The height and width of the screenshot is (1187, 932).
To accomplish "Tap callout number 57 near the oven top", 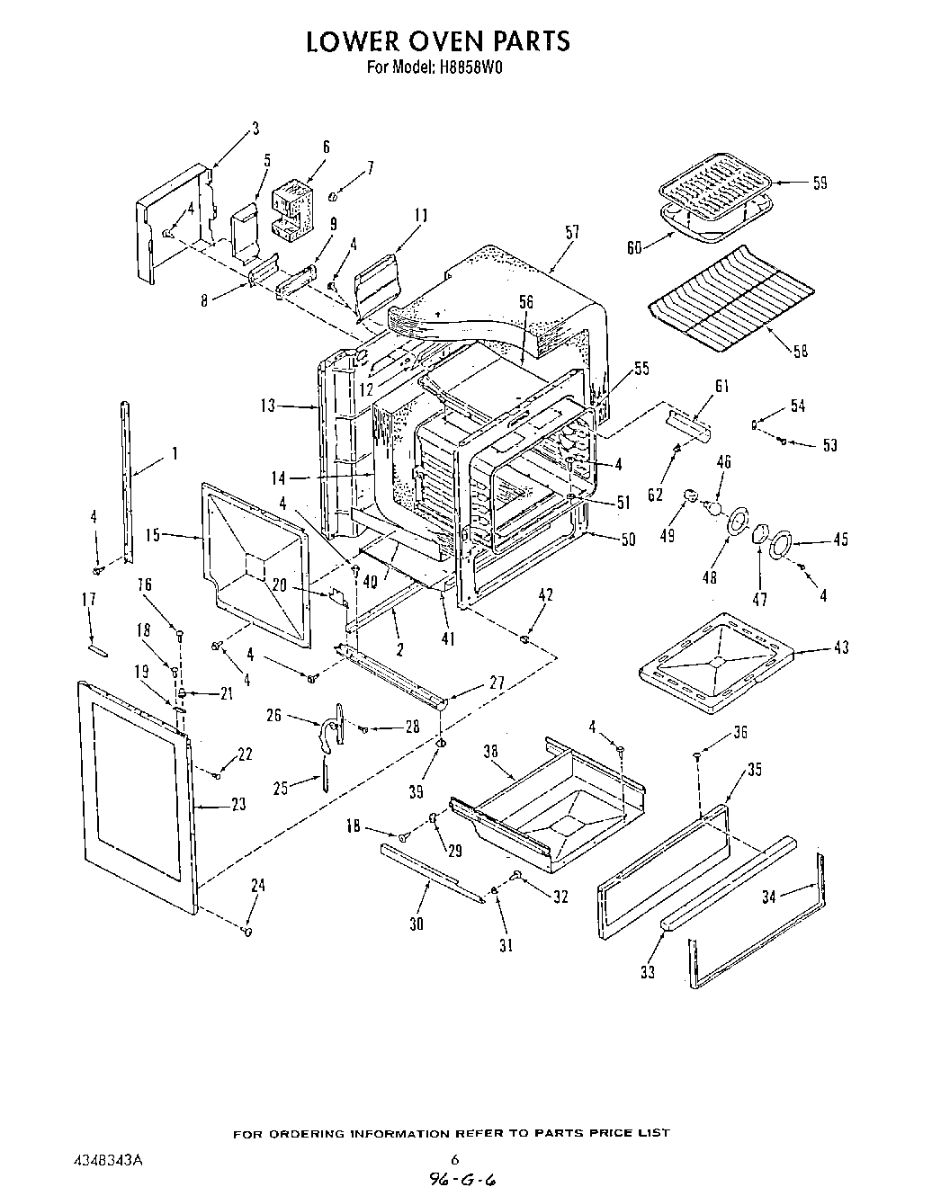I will point(572,232).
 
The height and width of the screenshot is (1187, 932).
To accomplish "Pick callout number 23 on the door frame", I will point(237,805).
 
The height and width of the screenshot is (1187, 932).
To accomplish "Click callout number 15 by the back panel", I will point(152,536).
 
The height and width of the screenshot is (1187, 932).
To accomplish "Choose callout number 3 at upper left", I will point(255,128).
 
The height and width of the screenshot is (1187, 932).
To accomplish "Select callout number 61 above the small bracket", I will point(721,387).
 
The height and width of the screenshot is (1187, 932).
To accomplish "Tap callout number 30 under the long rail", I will point(417,924).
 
